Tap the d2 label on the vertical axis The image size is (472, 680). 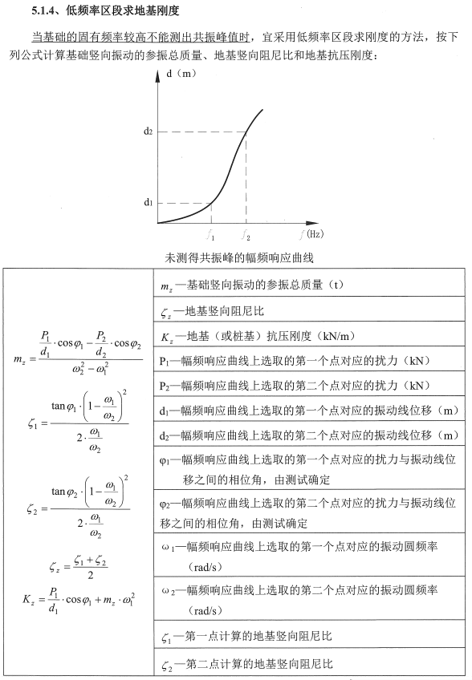[149, 131]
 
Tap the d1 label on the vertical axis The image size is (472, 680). [149, 202]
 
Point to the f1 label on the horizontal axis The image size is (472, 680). [211, 235]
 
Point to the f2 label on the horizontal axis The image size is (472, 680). [246, 235]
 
